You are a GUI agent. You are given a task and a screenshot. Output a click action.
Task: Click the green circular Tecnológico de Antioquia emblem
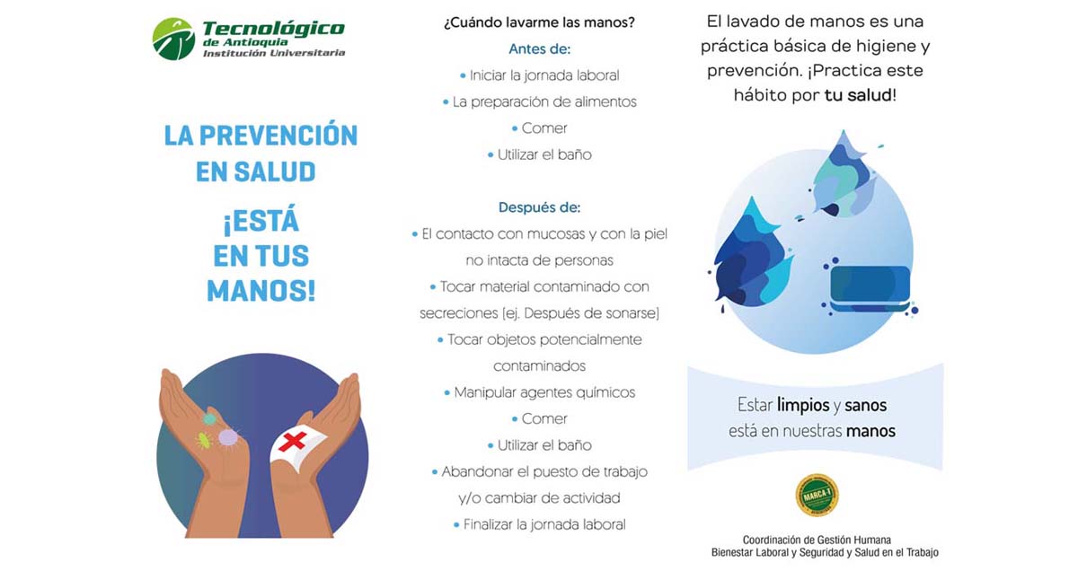coord(173,39)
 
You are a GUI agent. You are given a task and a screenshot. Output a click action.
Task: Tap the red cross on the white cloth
coord(293,441)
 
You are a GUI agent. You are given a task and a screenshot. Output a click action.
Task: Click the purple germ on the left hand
coord(228,438)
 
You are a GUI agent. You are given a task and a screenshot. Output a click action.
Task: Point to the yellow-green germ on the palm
coord(204,440)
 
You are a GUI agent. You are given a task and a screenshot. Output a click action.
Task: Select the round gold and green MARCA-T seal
coord(817,495)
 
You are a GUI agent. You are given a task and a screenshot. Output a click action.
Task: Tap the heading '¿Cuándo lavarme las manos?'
coord(539,22)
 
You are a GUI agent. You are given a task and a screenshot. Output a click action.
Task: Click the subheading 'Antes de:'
coord(540,49)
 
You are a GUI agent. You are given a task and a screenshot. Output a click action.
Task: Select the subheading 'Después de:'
coord(540,207)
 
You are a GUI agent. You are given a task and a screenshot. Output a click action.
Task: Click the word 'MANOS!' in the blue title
coord(261,291)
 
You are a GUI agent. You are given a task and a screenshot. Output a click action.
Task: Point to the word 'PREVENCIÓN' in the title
coord(278,136)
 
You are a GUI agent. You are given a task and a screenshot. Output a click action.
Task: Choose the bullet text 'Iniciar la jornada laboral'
coord(544,75)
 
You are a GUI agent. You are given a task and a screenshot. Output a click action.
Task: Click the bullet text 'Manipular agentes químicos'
coord(544,392)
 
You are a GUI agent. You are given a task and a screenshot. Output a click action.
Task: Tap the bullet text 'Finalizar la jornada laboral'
coord(544,524)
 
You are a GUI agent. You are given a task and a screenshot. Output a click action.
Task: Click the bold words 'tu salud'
coord(858,95)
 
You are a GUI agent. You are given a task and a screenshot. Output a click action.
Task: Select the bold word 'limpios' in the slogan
coord(803,405)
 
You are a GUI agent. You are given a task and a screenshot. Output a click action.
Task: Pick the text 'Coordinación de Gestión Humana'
coord(817,540)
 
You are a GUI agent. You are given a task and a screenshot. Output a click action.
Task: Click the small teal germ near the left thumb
coord(208,418)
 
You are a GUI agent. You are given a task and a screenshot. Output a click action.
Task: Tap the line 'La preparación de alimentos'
coord(544,102)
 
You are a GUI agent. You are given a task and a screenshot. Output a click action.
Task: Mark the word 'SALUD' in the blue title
coord(275,171)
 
